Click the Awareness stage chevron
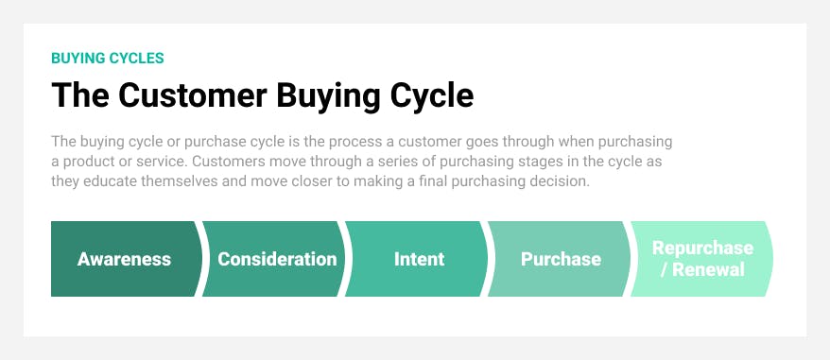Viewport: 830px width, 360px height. click(x=124, y=259)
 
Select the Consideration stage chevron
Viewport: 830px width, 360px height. click(x=277, y=259)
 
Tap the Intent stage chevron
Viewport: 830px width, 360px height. click(x=419, y=259)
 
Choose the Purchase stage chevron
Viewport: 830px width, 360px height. click(x=561, y=259)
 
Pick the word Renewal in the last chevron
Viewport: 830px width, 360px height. click(x=709, y=270)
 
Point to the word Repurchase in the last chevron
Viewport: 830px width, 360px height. click(x=702, y=249)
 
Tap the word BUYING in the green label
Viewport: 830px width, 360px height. click(x=76, y=59)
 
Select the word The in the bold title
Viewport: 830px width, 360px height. click(x=73, y=96)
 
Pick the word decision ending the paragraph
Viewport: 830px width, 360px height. click(x=562, y=181)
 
